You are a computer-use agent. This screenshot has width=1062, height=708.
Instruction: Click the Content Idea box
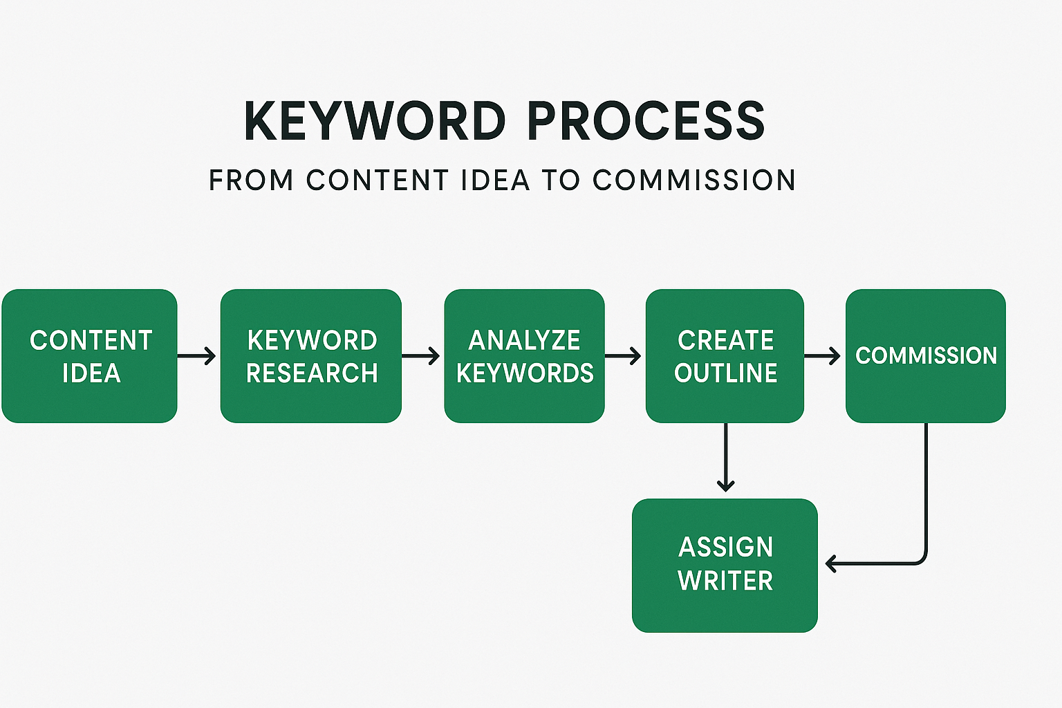point(90,355)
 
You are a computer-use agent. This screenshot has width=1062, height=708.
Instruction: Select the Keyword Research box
point(311,355)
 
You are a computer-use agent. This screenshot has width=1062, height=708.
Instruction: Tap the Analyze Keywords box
point(524,355)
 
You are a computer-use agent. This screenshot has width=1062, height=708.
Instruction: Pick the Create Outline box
point(725,355)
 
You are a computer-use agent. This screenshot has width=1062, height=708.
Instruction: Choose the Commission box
point(926,355)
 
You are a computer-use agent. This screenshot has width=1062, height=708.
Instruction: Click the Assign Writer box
point(725,566)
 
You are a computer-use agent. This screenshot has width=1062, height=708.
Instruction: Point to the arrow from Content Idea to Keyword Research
point(196,355)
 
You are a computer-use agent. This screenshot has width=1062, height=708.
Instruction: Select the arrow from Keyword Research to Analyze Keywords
point(420,355)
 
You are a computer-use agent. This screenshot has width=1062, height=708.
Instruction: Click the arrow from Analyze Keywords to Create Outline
point(623,355)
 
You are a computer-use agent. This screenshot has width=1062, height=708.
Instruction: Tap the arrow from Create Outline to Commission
point(823,355)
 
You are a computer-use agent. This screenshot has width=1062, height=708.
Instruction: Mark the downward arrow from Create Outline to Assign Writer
point(726,457)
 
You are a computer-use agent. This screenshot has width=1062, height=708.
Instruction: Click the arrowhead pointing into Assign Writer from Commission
point(830,563)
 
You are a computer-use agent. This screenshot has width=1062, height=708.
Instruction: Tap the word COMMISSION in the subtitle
point(693,180)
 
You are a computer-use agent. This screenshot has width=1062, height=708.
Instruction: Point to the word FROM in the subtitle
point(251,180)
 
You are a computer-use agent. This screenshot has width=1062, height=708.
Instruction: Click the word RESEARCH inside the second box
point(312,373)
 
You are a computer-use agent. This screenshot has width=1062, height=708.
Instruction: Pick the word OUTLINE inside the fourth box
point(725,373)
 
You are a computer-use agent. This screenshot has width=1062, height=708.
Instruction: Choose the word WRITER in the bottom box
point(725,580)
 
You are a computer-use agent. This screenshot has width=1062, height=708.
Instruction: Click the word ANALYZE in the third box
point(524,340)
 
